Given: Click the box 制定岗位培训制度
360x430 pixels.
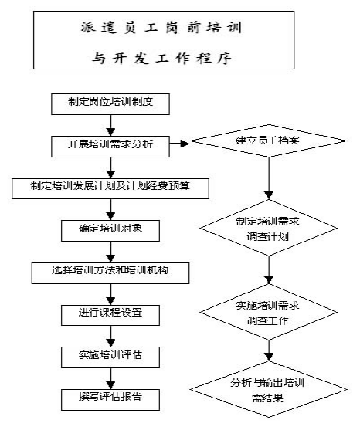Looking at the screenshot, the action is [x=110, y=104].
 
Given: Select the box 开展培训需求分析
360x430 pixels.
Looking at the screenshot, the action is [x=110, y=147].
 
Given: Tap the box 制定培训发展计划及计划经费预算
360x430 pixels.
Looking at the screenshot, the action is [x=110, y=188].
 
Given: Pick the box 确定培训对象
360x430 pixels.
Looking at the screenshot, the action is [x=110, y=231].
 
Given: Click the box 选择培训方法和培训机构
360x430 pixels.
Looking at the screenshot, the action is [x=110, y=273].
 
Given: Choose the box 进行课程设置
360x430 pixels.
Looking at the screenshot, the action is [x=110, y=316].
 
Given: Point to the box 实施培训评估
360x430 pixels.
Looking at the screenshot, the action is [x=110, y=357].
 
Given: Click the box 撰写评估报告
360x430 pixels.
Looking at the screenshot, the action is [x=110, y=400].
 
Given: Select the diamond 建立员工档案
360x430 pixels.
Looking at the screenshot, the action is [x=268, y=141].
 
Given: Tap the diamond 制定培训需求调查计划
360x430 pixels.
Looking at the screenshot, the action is [x=268, y=228].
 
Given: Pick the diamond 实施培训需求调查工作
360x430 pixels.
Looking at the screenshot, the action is [x=268, y=312].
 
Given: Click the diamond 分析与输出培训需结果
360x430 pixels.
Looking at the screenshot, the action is [x=268, y=389].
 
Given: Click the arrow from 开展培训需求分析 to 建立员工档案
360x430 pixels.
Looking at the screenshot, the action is [x=179, y=144].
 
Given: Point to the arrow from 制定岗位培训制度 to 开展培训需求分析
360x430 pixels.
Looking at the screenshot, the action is [x=110, y=125].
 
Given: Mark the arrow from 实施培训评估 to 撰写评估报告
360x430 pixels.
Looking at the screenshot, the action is [x=110, y=379].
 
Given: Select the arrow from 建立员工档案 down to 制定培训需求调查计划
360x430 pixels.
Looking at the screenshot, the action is [x=269, y=178].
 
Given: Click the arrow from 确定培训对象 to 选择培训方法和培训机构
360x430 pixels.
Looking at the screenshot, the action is [x=110, y=252].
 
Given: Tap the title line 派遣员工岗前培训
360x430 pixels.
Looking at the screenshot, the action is [x=161, y=28].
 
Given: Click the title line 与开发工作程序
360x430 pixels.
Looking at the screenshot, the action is [x=161, y=58].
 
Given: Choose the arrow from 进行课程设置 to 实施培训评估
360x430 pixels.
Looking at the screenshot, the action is [x=110, y=337].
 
